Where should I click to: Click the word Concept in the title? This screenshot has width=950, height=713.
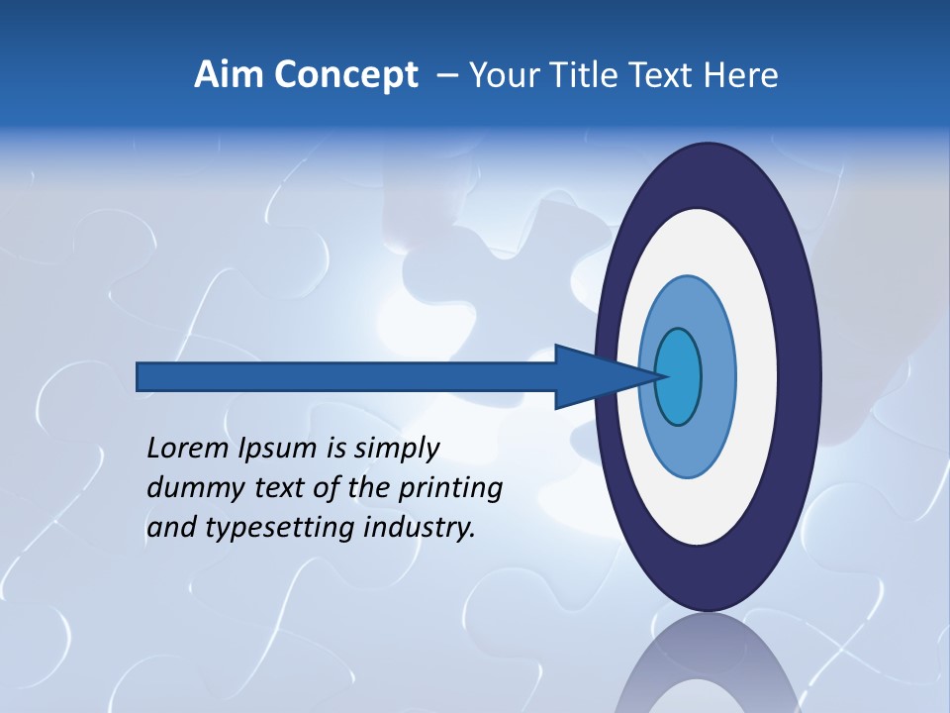point(346,75)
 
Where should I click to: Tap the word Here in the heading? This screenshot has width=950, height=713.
point(740,75)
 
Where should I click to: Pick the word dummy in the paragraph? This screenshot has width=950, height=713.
point(186,487)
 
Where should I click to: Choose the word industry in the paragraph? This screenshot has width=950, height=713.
point(420,528)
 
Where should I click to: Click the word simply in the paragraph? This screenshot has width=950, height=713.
point(396,449)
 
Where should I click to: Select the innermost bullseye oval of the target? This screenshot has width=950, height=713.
point(679,376)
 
